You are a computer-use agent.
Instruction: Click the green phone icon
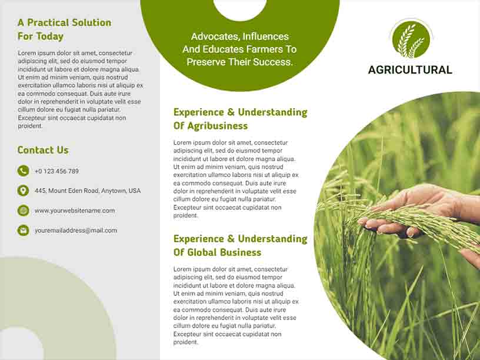pyautogui.click(x=23, y=171)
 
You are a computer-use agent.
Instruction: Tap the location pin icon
pyautogui.click(x=23, y=191)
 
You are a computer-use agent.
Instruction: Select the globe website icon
pyautogui.click(x=23, y=211)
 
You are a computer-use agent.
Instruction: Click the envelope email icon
pyautogui.click(x=23, y=231)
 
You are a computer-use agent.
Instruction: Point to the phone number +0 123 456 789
pyautogui.click(x=56, y=171)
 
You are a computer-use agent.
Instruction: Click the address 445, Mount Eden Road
pyautogui.click(x=88, y=191)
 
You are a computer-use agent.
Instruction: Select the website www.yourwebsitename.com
pyautogui.click(x=75, y=211)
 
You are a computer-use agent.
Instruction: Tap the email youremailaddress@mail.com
pyautogui.click(x=76, y=231)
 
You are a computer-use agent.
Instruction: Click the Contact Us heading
pyautogui.click(x=43, y=150)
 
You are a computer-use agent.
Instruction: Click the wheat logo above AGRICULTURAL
pyautogui.click(x=411, y=39)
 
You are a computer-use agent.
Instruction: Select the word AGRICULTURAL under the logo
pyautogui.click(x=410, y=70)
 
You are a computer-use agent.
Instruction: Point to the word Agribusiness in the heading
pyautogui.click(x=218, y=126)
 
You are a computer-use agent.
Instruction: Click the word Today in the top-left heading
pyautogui.click(x=49, y=36)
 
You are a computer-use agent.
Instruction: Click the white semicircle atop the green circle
pyautogui.click(x=240, y=8)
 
